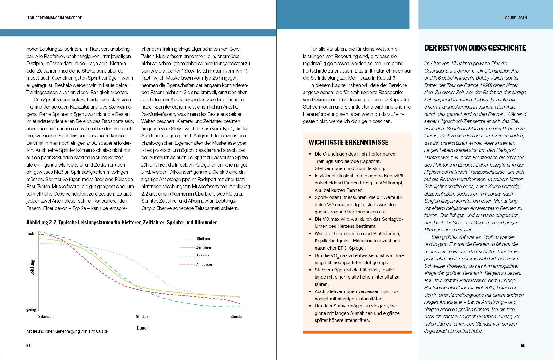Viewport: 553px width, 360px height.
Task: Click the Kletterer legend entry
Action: tap(203, 239)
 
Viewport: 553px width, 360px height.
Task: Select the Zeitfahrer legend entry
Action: tap(204, 247)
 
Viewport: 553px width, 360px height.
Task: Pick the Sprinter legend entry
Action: tap(202, 256)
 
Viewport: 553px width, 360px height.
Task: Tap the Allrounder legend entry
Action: tap(204, 264)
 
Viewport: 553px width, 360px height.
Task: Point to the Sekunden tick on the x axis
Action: tap(46, 316)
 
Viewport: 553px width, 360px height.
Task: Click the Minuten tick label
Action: tap(142, 316)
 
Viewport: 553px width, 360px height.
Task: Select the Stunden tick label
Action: tap(237, 316)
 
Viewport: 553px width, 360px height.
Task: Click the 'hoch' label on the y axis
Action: tap(30, 234)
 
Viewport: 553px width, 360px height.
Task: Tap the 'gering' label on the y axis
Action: tap(31, 310)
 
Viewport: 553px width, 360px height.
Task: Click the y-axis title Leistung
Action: tap(33, 267)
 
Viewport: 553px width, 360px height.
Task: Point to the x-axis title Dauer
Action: tap(142, 328)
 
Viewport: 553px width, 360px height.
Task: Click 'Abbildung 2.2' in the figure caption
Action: tap(41, 222)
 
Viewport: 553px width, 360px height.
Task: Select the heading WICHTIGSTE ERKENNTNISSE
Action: tap(348, 142)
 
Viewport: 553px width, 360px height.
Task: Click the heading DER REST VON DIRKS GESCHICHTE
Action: tap(475, 48)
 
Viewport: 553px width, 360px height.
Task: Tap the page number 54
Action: tap(28, 346)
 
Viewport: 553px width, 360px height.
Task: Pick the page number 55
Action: tap(523, 346)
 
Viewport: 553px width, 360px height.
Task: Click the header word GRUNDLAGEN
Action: tap(516, 18)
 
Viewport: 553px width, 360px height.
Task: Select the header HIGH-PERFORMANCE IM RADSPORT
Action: tap(54, 18)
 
